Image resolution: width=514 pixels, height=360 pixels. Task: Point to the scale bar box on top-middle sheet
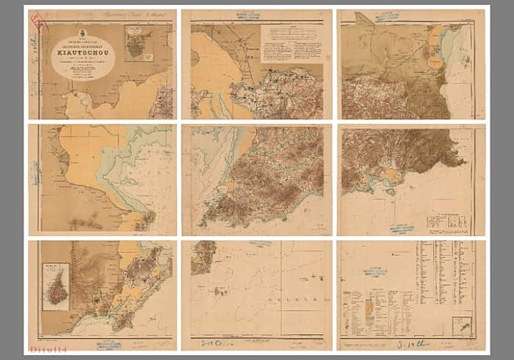click(x=291, y=35)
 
